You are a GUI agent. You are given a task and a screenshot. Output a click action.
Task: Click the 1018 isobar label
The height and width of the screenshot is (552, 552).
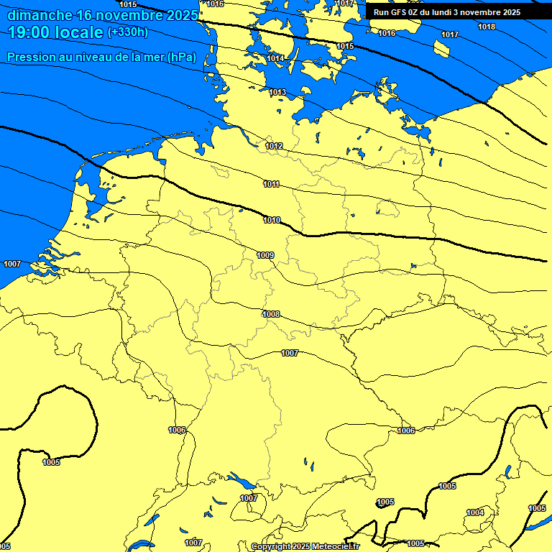pos(487,27)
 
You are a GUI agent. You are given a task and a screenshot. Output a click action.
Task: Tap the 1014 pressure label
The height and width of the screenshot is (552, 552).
pos(275,58)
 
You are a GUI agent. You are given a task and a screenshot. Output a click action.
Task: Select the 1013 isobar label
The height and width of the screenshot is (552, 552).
pos(277,93)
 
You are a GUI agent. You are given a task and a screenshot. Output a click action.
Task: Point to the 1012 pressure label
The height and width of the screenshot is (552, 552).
pos(274,147)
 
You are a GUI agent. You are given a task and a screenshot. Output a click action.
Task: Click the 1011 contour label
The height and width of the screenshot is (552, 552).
pos(271,185)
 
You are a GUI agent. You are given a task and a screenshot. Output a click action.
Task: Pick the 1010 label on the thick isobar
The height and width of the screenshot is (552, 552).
pos(272,221)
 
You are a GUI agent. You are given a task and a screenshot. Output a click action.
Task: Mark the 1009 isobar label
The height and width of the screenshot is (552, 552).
pos(265,255)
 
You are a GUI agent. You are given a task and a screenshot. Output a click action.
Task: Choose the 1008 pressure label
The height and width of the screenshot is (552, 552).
pos(271,315)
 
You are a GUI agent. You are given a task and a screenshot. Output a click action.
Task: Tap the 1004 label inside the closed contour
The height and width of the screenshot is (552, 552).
pos(475,512)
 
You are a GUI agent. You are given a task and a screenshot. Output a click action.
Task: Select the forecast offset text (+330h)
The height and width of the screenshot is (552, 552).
pos(128,32)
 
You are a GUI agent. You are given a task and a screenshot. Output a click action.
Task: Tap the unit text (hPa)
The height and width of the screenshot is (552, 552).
pos(182,57)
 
